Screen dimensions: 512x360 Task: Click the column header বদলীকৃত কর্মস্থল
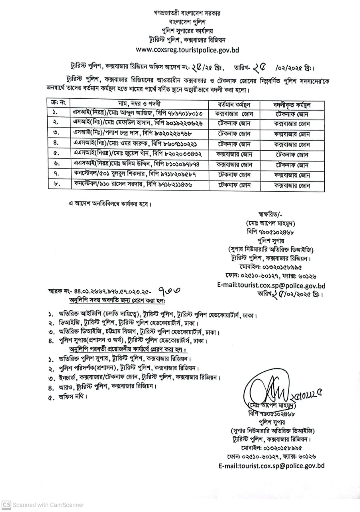[x=292, y=105]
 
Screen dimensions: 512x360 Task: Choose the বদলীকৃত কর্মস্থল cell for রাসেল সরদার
[x=292, y=185]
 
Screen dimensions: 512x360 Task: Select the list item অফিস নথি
[x=72, y=397]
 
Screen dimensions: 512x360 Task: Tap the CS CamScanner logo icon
[x=6, y=505]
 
